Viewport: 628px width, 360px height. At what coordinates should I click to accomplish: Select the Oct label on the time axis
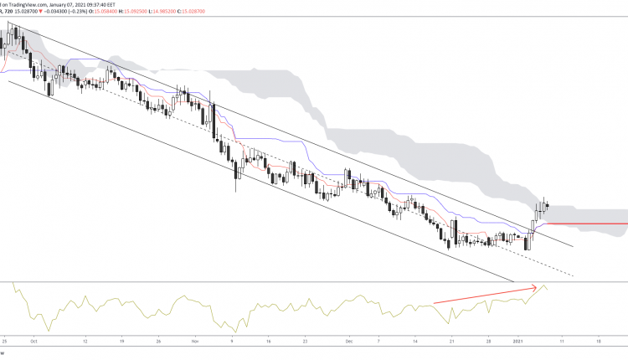pos(33,342)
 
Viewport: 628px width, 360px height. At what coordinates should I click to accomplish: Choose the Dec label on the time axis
pos(349,342)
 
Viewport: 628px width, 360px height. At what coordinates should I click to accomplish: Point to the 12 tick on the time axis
pos(85,342)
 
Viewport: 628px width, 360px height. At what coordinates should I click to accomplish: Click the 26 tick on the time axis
pos(158,342)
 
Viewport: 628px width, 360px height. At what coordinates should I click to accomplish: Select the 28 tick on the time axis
pos(490,342)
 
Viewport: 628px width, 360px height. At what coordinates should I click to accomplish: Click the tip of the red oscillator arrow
pos(537,287)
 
